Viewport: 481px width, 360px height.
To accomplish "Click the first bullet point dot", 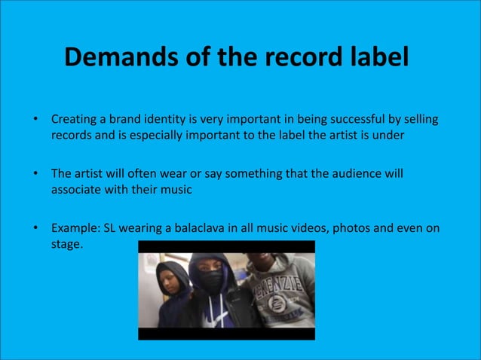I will click(x=34, y=120).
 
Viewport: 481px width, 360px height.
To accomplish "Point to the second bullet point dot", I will click(x=34, y=174).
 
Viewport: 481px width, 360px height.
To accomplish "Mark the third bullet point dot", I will click(x=34, y=228).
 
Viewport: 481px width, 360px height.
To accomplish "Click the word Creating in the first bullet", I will click(x=74, y=120).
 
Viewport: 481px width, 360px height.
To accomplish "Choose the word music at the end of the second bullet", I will click(x=176, y=190).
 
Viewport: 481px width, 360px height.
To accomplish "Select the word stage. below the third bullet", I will click(x=66, y=244).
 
